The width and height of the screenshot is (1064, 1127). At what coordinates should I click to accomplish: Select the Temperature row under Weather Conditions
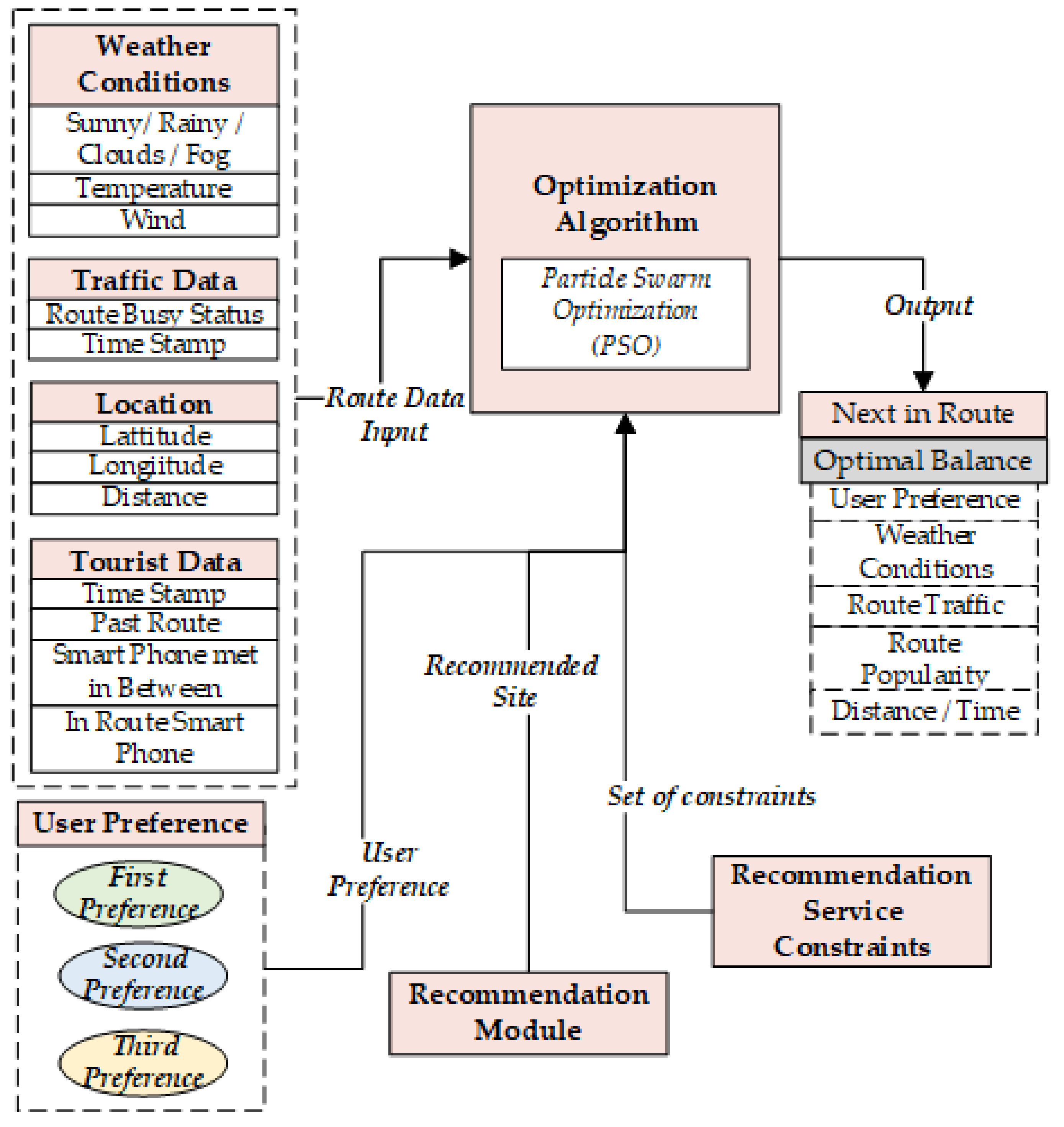(154, 189)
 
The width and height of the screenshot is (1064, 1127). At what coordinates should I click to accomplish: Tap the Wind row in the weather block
(154, 220)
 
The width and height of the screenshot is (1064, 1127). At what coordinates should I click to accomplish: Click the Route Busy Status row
(154, 314)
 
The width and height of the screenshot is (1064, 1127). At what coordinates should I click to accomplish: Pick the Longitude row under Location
(154, 466)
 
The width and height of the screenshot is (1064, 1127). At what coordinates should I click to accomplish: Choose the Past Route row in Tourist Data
(154, 623)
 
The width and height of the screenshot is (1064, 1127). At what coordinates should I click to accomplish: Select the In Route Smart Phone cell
(154, 738)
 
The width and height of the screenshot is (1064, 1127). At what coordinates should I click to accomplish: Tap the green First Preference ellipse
(138, 894)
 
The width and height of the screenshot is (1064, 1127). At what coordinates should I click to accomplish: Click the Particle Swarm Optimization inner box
(625, 314)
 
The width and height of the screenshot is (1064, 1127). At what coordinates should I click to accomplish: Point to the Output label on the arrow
(928, 306)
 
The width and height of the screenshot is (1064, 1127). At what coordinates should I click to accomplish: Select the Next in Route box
(923, 414)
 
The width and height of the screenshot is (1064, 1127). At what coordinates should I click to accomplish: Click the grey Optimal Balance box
(923, 461)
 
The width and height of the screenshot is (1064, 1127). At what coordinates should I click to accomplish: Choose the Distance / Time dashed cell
(925, 711)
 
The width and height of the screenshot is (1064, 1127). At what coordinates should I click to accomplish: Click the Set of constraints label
(711, 797)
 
